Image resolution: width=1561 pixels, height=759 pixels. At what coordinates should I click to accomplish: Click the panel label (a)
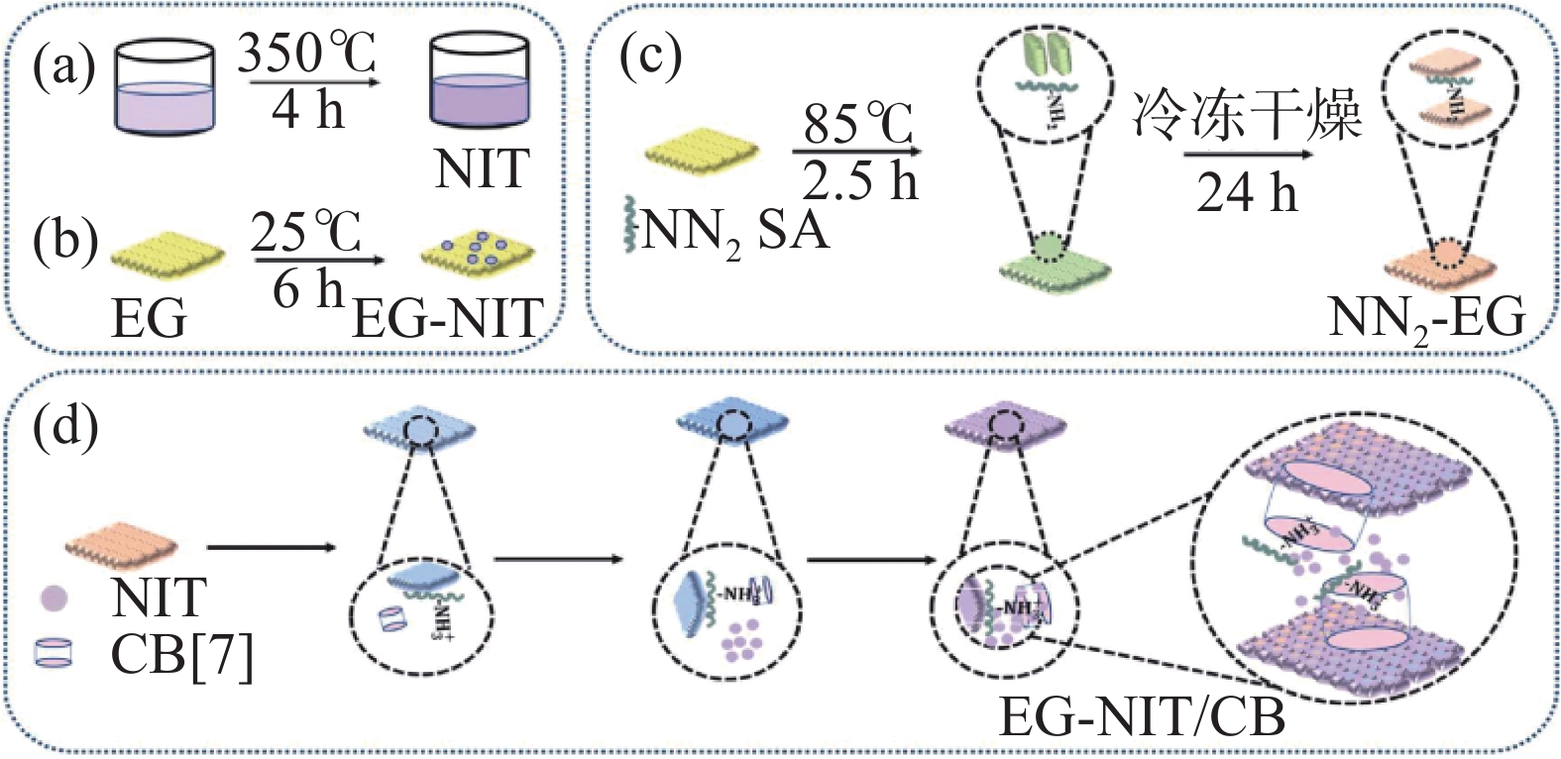pos(63,66)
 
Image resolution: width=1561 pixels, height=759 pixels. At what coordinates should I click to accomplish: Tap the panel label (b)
pos(64,241)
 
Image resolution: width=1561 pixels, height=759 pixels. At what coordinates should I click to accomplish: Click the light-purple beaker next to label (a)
pos(165,89)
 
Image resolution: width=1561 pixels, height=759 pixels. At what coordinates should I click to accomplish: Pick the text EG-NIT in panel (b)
pos(448,318)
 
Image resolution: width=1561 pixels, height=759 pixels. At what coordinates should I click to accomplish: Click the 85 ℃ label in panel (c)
pos(858,125)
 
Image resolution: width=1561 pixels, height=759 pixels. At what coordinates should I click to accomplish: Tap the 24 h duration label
pos(1247,191)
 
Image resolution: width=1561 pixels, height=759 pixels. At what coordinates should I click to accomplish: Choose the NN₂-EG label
pos(1426,319)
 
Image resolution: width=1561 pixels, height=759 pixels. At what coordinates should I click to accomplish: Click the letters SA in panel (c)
pos(793,230)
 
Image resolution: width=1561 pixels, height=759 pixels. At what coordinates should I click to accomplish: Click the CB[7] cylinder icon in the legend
pos(54,653)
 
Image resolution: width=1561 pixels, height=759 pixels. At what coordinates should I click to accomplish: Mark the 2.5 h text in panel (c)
pos(858,181)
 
